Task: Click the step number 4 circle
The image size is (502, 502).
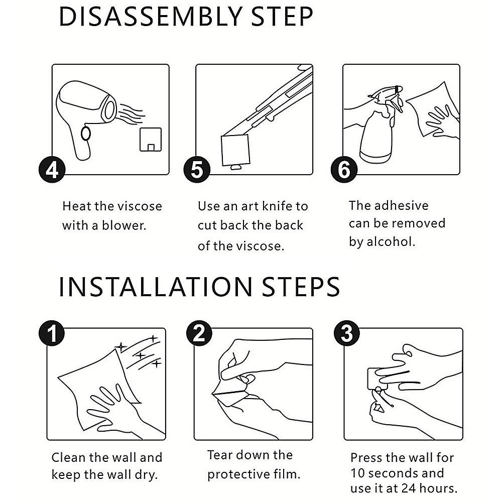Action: pos(52,169)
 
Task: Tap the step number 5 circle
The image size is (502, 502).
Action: pos(197,169)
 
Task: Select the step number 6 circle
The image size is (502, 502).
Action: pos(344,169)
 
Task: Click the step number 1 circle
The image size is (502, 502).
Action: pos(52,333)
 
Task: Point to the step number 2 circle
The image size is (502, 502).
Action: pos(199,333)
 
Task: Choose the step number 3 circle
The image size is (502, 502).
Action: pos(347,333)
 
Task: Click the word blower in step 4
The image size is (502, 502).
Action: pos(124,225)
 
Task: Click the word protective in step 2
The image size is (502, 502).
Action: pos(238,474)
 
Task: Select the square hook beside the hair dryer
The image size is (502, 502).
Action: pos(151,140)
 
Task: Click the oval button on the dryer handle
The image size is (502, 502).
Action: pos(86,133)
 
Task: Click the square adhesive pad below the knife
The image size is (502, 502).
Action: pos(235,151)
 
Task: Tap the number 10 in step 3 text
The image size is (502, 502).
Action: pos(358,473)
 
